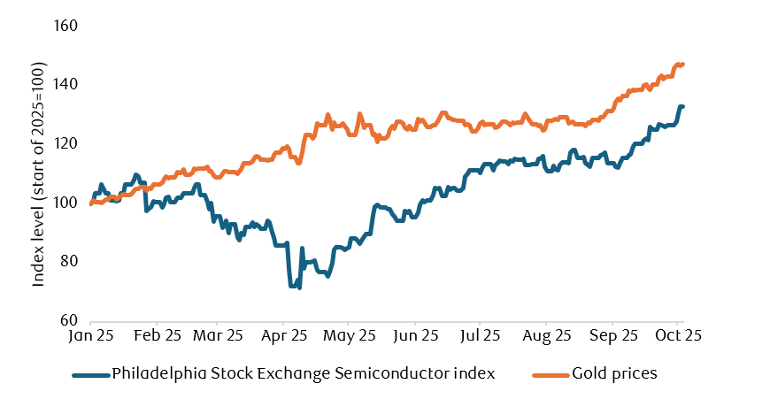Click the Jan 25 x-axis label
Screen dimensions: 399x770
(92, 336)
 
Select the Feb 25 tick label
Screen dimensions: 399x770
(158, 336)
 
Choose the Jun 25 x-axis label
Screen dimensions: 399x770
(417, 336)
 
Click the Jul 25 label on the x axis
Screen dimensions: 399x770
(481, 336)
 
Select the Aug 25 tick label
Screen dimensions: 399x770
(546, 336)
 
